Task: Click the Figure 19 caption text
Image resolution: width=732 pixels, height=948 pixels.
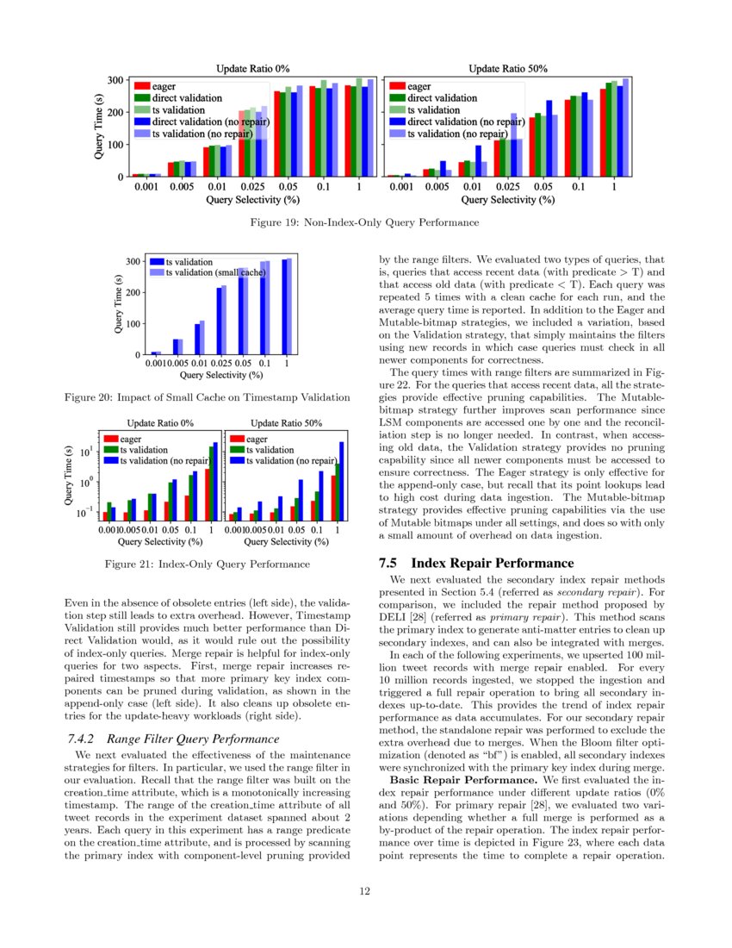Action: click(x=366, y=222)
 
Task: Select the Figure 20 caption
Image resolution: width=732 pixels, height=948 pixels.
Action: click(x=207, y=397)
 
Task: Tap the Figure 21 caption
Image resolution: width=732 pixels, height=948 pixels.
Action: click(x=207, y=564)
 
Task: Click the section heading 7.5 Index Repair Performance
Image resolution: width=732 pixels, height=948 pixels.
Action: click(x=476, y=563)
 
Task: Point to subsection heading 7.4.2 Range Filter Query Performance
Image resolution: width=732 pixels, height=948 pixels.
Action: click(x=172, y=739)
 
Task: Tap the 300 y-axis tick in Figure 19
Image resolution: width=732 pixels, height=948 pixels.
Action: click(x=113, y=80)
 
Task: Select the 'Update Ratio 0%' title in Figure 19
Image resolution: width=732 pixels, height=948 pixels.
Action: click(x=252, y=68)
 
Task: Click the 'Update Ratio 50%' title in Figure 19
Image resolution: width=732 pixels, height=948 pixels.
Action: click(x=508, y=68)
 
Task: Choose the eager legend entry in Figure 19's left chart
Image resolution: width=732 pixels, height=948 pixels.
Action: click(x=164, y=86)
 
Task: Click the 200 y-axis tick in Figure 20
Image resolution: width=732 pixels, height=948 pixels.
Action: click(x=133, y=293)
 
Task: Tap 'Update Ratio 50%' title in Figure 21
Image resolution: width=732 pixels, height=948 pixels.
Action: click(x=285, y=423)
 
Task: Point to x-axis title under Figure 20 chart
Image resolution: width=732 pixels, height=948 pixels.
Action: click(x=220, y=375)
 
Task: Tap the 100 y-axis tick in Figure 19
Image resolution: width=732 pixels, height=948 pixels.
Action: click(x=113, y=144)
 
